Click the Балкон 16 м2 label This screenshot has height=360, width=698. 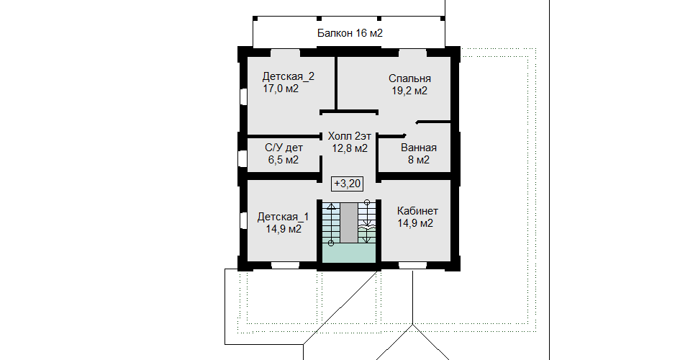click(x=350, y=33)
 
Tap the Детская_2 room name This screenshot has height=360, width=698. click(x=288, y=76)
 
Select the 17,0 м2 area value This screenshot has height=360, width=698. click(x=281, y=89)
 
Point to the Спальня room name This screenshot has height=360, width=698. click(x=409, y=79)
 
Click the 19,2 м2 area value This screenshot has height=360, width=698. click(x=409, y=91)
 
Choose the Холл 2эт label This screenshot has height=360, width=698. click(x=350, y=136)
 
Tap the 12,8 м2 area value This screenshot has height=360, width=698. click(x=350, y=148)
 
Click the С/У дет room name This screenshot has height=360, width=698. click(x=284, y=148)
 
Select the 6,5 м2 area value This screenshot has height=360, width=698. click(x=284, y=160)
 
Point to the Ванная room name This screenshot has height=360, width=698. click(x=419, y=148)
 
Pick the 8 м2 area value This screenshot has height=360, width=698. click(x=419, y=160)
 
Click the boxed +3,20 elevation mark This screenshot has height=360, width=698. click(x=347, y=183)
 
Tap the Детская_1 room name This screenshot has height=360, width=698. click(x=283, y=217)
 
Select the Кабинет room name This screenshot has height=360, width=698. click(x=417, y=211)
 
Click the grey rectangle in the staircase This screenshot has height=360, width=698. click(x=349, y=222)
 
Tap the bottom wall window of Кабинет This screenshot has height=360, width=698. click(x=412, y=266)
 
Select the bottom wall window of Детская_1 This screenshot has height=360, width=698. click(x=285, y=266)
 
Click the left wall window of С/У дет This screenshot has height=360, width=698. click(x=243, y=158)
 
